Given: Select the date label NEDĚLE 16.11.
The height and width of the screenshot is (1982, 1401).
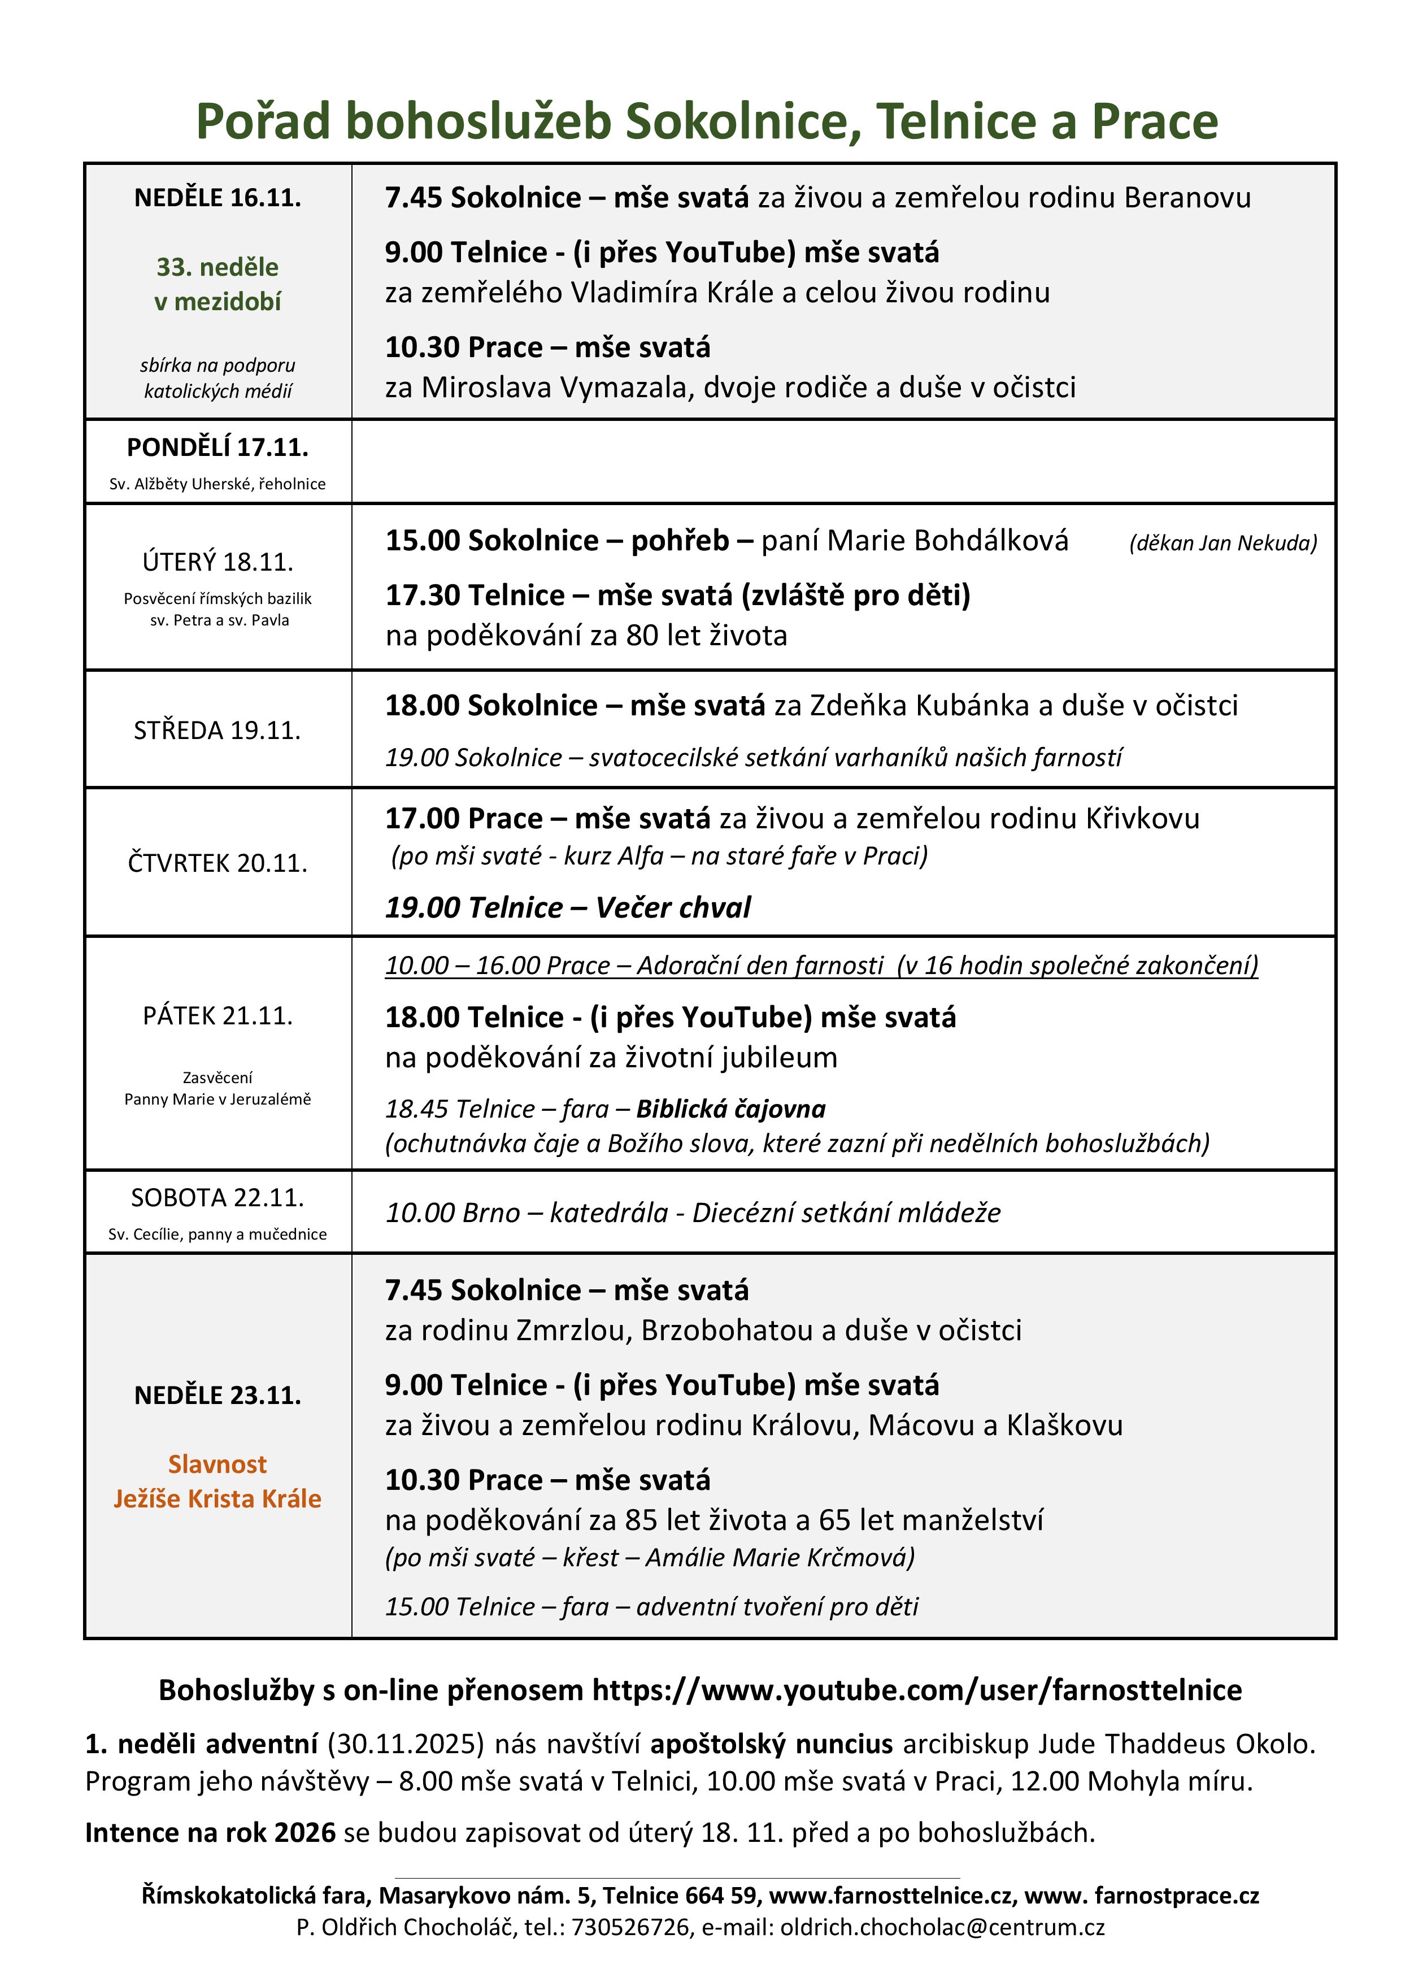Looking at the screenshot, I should click(217, 198).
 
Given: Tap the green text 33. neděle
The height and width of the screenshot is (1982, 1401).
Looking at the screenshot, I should click(217, 267).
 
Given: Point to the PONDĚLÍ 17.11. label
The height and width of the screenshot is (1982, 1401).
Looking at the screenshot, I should click(217, 447).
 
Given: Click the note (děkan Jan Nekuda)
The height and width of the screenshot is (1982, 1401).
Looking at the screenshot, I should click(1223, 543).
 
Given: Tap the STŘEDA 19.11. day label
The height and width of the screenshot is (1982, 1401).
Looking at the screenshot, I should click(217, 731).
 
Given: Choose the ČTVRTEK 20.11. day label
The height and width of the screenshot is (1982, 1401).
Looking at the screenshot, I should click(217, 863).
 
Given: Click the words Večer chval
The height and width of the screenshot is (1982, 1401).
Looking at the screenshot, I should click(673, 907).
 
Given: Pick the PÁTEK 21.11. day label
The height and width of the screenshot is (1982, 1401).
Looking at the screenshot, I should click(217, 1016).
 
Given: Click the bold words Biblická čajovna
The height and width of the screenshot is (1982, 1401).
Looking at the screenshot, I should click(731, 1109).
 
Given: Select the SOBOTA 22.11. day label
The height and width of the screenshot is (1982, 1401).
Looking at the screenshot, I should click(217, 1198).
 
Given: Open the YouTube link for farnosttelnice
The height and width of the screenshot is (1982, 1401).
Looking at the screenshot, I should click(917, 1690).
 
